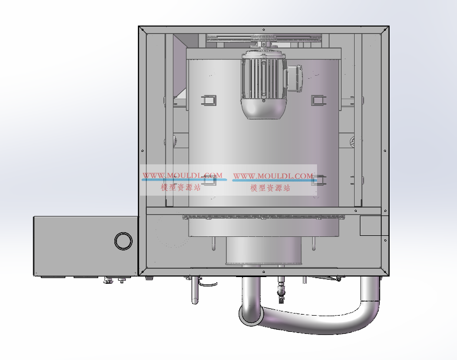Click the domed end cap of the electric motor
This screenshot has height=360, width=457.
(263, 109)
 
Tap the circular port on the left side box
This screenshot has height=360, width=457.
(123, 241)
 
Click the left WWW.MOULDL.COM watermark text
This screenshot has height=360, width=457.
(182, 176)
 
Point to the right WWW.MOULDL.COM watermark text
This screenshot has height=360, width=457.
(273, 176)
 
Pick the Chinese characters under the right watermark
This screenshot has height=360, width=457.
(270, 188)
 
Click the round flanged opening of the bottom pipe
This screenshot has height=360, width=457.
(251, 315)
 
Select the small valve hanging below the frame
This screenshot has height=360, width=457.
(281, 291)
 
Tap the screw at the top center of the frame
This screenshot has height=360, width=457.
(264, 30)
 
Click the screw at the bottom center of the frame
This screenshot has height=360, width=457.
(264, 272)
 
